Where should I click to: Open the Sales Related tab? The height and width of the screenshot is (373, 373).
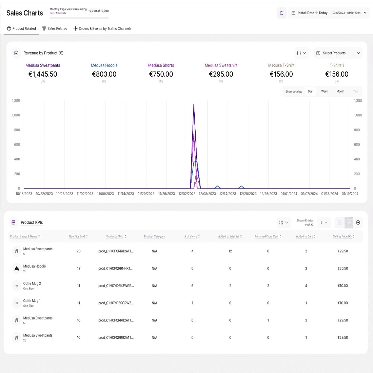[x=55, y=28]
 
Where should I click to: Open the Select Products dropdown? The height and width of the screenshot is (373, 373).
[x=338, y=53]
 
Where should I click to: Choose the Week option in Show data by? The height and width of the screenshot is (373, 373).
[x=325, y=92]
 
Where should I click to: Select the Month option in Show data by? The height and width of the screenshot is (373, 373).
[x=340, y=92]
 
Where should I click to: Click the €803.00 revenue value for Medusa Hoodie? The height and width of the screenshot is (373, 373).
[x=104, y=74]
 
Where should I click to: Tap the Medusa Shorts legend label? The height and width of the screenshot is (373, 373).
[x=161, y=65]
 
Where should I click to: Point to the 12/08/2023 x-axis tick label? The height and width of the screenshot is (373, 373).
[x=207, y=194]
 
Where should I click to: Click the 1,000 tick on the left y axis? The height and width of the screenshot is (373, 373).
[x=16, y=115]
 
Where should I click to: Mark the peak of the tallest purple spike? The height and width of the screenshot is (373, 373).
[x=194, y=105]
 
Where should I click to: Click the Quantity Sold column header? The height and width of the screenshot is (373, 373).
[x=78, y=236]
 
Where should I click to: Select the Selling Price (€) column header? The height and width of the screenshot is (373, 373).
[x=343, y=236]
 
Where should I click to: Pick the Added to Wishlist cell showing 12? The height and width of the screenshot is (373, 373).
[x=230, y=251]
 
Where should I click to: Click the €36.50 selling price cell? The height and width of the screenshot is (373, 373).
[x=343, y=269]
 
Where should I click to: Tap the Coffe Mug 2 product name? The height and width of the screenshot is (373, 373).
[x=32, y=283]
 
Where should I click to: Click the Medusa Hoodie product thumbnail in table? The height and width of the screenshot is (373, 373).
[x=17, y=269]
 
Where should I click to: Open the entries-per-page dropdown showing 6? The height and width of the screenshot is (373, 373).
[x=324, y=222]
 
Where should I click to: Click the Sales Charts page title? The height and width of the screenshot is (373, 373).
[x=25, y=13]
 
